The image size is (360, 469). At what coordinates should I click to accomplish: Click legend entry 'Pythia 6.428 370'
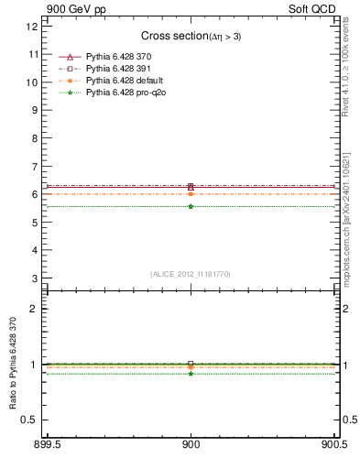pos(117,57)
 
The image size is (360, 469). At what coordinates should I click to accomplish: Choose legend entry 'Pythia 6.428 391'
pos(117,69)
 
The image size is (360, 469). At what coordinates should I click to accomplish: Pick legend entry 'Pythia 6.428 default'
pos(122,81)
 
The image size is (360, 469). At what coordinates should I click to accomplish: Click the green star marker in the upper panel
pos(191,206)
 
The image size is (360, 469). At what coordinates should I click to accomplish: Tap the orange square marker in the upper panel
pos(191,194)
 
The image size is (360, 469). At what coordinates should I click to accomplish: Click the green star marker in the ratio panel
pos(191,374)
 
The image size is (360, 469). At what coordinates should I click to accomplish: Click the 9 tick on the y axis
pos(35,110)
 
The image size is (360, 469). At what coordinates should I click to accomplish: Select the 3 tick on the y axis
pos(35,278)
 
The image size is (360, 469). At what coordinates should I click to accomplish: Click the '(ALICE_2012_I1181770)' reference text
pos(191,274)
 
